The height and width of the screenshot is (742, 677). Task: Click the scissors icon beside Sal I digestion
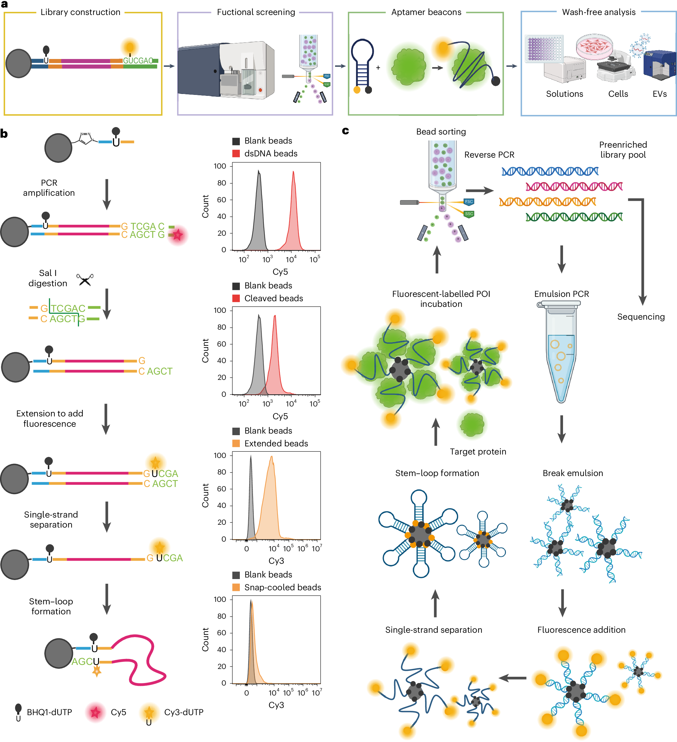(85, 280)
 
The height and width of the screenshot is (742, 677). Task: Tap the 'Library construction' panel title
(80, 12)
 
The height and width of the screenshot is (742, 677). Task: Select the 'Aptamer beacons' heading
(426, 12)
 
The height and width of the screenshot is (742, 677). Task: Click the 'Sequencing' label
(640, 317)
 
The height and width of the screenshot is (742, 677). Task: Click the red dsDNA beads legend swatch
(236, 154)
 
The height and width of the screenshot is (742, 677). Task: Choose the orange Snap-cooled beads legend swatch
(236, 587)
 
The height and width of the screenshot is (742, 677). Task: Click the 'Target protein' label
(478, 452)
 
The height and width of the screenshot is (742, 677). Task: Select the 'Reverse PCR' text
(489, 155)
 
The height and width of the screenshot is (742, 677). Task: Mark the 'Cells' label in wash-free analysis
(618, 94)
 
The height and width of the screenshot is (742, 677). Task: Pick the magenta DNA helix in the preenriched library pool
(574, 187)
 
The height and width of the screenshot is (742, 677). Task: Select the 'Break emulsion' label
(573, 473)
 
